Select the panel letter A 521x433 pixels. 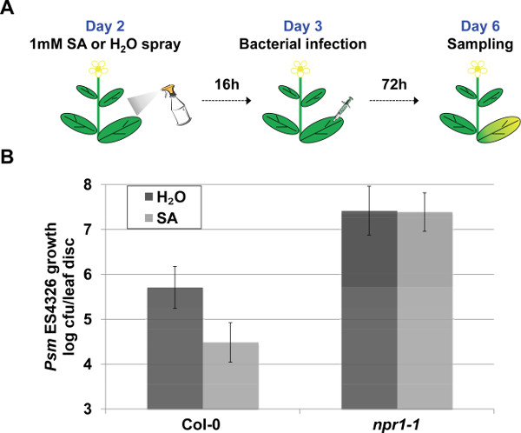pyautogui.click(x=8, y=10)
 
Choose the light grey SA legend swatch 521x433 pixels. pyautogui.click(x=139, y=218)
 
